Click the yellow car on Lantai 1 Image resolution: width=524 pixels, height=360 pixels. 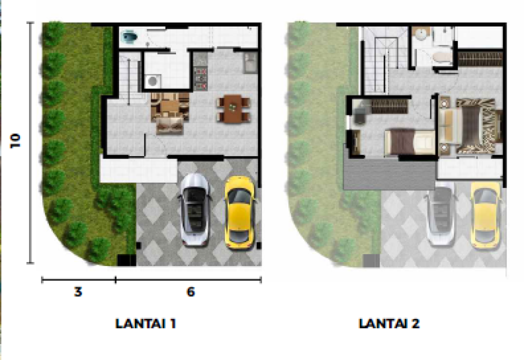click(240, 213)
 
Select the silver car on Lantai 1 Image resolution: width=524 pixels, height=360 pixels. click(195, 210)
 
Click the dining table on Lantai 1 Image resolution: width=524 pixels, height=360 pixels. click(233, 108)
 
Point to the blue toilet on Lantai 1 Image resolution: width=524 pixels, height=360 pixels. click(129, 37)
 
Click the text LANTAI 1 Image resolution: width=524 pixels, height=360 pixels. click(145, 323)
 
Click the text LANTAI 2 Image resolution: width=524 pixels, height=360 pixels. click(389, 323)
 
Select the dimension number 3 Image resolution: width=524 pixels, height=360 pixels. click(78, 292)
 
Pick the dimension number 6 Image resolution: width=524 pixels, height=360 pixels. click(190, 292)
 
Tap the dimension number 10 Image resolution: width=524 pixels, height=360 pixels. click(15, 140)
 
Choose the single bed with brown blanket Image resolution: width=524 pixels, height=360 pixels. click(409, 142)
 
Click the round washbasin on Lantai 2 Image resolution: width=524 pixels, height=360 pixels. click(419, 34)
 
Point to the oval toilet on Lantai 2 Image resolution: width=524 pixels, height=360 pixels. click(442, 57)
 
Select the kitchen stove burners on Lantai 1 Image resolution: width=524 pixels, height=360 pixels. click(200, 78)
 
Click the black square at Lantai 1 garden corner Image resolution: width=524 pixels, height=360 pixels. click(126, 260)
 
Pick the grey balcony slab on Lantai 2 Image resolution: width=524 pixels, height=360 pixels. click(389, 174)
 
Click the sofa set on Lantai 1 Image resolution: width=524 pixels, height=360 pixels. click(170, 113)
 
